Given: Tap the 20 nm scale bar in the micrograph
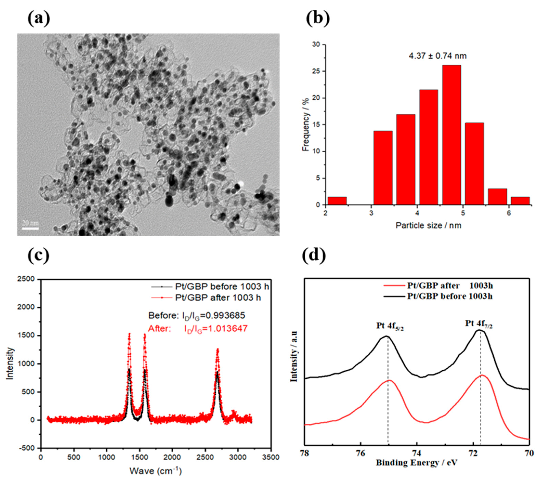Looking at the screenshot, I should tap(30, 228).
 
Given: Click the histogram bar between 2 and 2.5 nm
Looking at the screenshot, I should tap(337, 201).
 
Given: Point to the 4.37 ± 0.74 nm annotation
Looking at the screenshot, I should tap(437, 56).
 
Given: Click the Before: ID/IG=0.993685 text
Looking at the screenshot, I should tap(196, 316).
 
